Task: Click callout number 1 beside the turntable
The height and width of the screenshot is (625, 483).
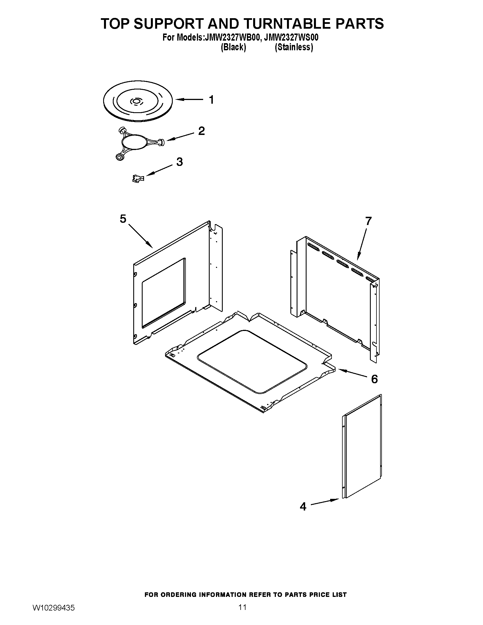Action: click(x=211, y=100)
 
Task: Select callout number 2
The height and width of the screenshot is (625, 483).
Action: click(x=201, y=131)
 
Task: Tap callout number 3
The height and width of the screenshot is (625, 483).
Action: click(x=179, y=162)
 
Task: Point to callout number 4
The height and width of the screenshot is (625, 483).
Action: click(x=303, y=507)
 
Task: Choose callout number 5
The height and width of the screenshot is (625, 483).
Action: click(x=123, y=219)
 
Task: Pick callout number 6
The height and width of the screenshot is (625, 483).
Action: click(x=374, y=379)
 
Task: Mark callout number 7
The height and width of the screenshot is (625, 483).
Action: click(x=368, y=221)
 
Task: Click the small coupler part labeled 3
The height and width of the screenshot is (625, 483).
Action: click(x=138, y=179)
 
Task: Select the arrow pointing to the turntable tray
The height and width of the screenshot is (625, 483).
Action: click(x=189, y=100)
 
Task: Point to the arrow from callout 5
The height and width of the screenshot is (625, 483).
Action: click(x=140, y=236)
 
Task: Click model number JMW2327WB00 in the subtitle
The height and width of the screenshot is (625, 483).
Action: click(x=232, y=37)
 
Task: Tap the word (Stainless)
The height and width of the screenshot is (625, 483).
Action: click(x=294, y=47)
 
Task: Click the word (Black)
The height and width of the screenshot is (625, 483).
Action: click(x=233, y=47)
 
